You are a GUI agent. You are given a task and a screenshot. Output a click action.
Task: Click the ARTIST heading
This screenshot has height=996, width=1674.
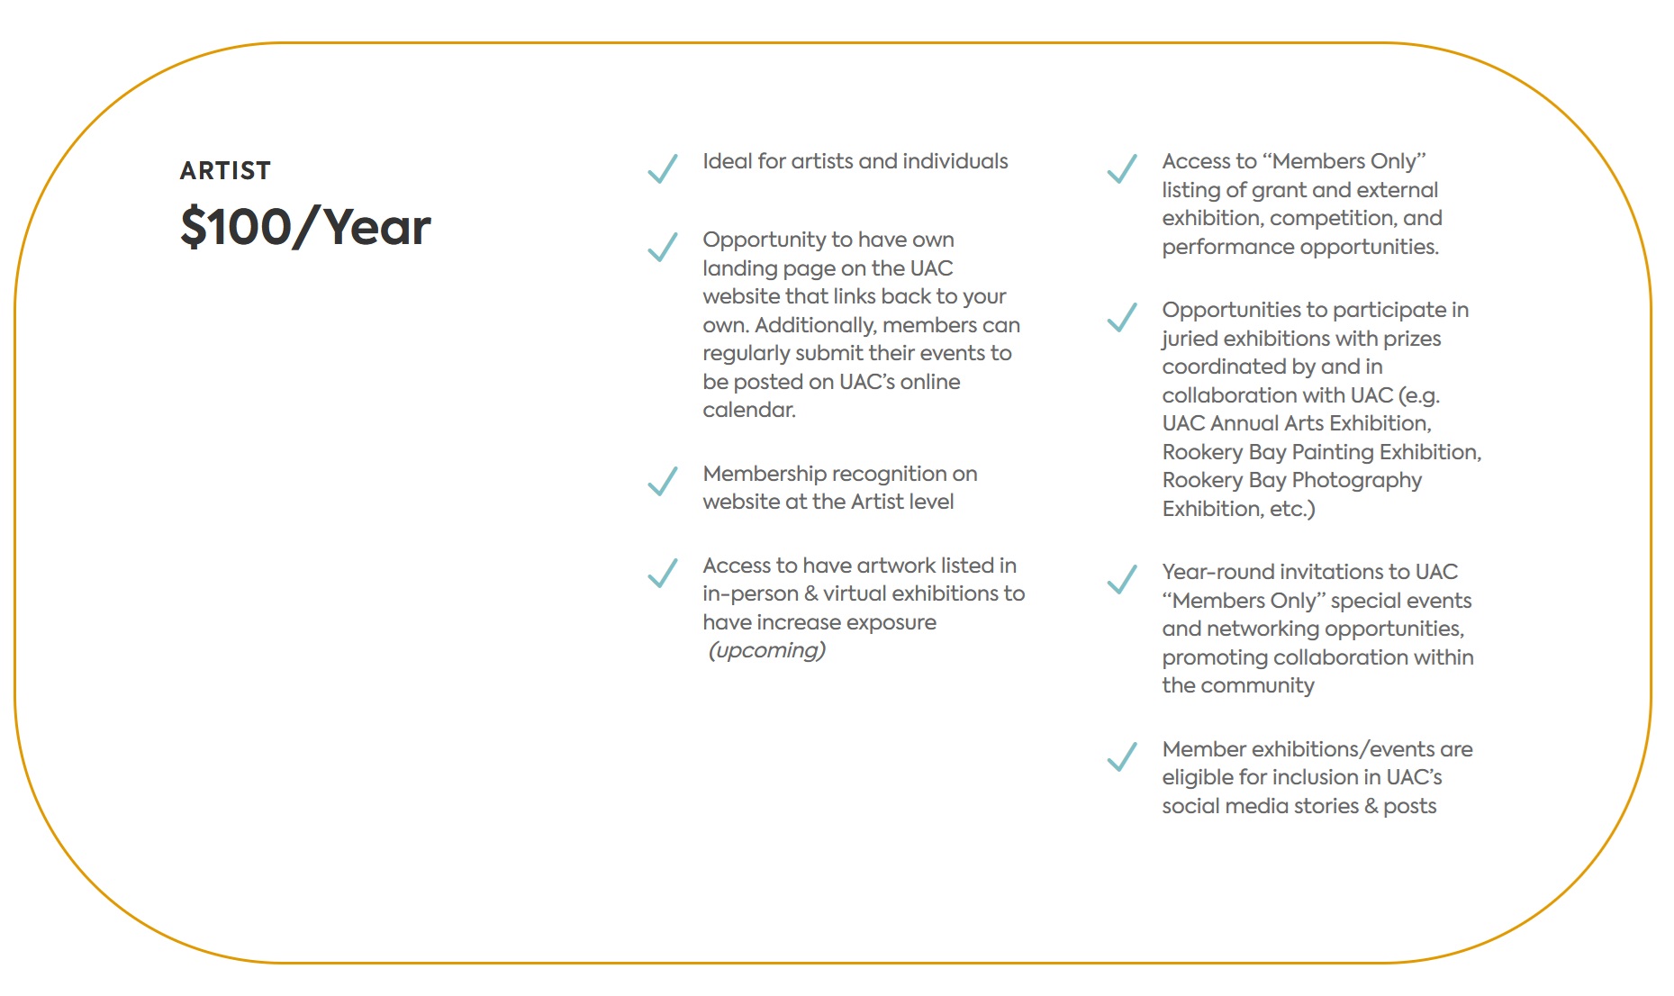tap(225, 170)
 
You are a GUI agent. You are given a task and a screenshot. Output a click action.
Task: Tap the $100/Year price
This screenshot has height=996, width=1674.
tap(305, 226)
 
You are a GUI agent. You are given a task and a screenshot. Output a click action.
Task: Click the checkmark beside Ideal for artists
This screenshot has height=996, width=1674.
tap(663, 168)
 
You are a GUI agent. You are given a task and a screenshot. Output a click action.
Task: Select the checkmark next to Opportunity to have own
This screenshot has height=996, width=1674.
tap(663, 247)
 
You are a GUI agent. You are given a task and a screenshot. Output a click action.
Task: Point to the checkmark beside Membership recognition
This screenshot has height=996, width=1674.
tap(663, 481)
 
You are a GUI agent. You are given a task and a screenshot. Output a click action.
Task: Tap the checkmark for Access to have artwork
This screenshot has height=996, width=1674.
tap(663, 573)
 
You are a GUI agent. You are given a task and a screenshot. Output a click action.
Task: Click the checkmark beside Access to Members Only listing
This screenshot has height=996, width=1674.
tap(1122, 168)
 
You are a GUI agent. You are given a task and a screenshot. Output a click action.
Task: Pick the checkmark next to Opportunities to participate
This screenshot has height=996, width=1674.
tap(1122, 317)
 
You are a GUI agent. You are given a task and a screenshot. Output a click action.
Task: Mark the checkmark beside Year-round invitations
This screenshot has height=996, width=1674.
tap(1122, 579)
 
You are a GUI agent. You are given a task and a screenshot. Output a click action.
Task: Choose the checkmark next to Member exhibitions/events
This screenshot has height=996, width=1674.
tap(1122, 756)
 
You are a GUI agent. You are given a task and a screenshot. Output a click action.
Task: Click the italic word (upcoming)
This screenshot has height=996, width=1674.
tap(766, 650)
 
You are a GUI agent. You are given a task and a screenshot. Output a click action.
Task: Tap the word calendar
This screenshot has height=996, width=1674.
tap(748, 410)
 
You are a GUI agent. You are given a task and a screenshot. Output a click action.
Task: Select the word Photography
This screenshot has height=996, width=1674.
tap(1356, 480)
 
